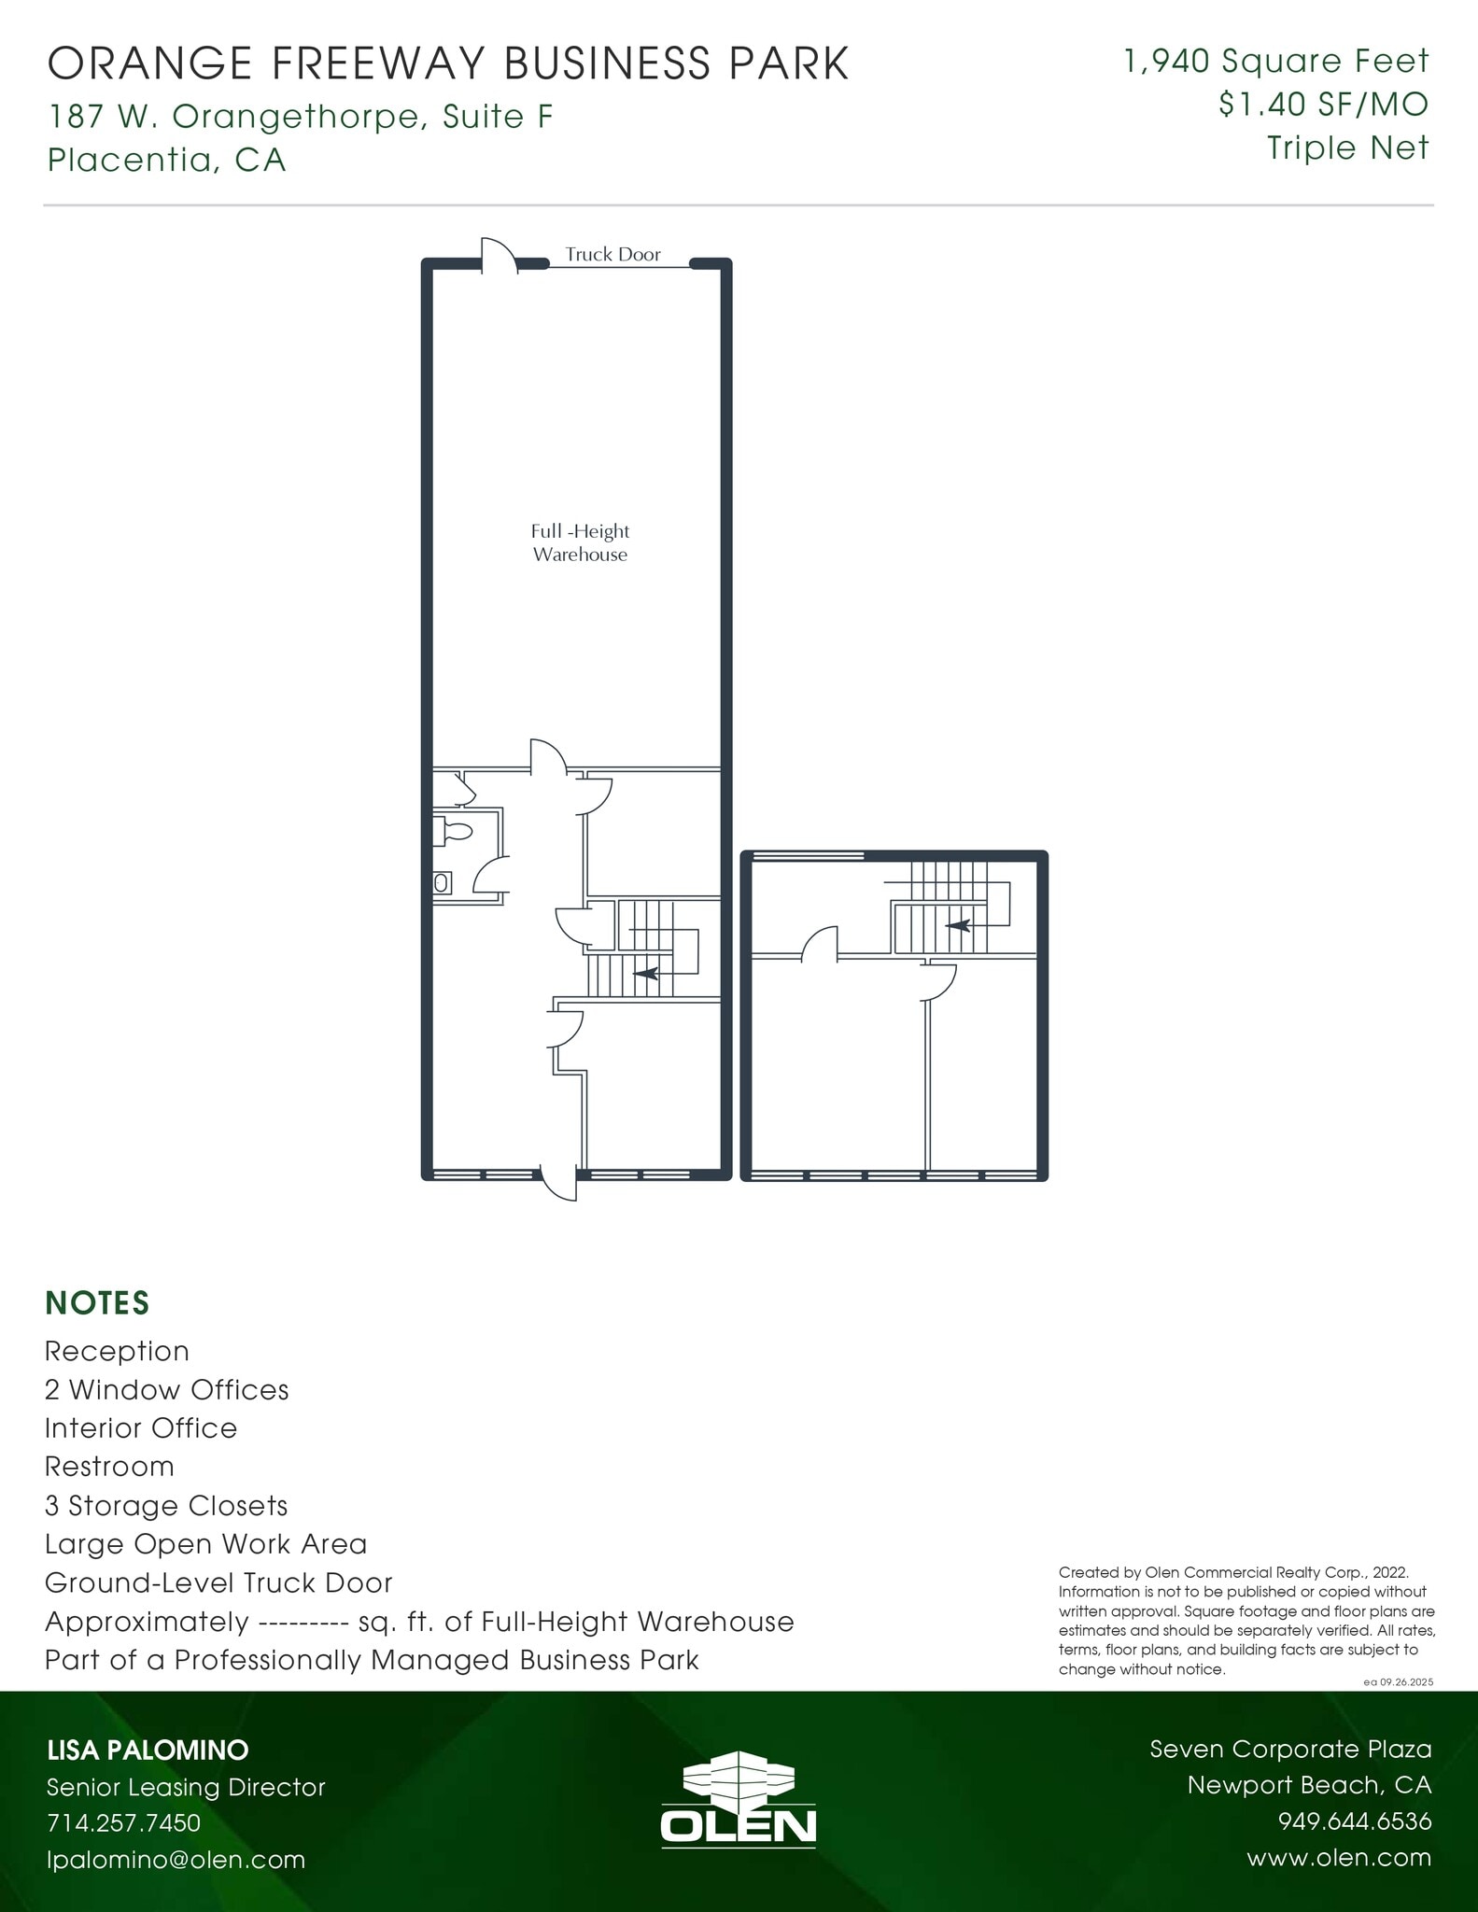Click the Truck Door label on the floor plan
tap(612, 254)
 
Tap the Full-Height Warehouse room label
tap(580, 542)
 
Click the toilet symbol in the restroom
tap(455, 831)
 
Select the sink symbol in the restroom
tap(442, 882)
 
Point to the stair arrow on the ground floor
tap(646, 973)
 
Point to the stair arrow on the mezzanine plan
tap(958, 926)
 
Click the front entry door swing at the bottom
tap(560, 1183)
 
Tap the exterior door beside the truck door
tap(499, 256)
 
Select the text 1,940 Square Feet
tap(1276, 62)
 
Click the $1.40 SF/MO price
tap(1323, 105)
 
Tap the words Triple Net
tap(1347, 148)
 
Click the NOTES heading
tap(97, 1302)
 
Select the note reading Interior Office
tap(141, 1428)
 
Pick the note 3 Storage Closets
tap(166, 1506)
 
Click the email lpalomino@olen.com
tap(176, 1859)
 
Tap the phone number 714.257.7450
tap(124, 1822)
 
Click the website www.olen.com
tap(1338, 1858)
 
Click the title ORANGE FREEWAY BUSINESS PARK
tap(448, 63)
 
